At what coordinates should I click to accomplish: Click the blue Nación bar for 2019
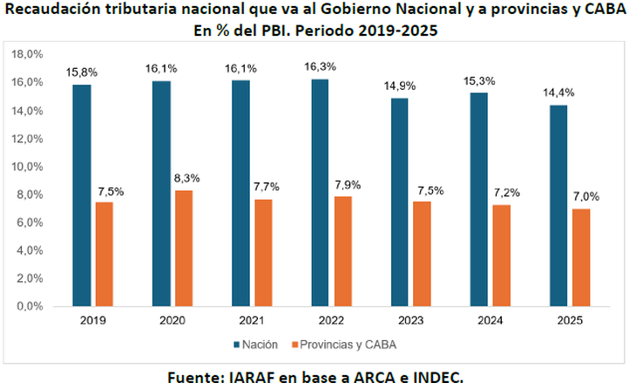[82, 195]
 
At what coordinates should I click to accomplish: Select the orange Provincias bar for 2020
[184, 249]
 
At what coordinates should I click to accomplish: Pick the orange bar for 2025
[581, 257]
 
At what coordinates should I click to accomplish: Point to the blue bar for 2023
[400, 202]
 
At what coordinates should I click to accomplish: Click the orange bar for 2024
[502, 256]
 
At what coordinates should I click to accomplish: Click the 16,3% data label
[320, 66]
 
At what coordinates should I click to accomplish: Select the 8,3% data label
[186, 178]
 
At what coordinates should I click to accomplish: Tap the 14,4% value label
[558, 92]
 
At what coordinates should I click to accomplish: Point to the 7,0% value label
[582, 196]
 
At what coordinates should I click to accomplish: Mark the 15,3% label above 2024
[478, 80]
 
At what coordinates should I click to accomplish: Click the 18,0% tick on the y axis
[29, 54]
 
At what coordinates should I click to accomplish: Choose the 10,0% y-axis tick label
[29, 167]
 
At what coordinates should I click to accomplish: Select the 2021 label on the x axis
[252, 321]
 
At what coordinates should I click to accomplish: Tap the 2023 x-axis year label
[410, 321]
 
